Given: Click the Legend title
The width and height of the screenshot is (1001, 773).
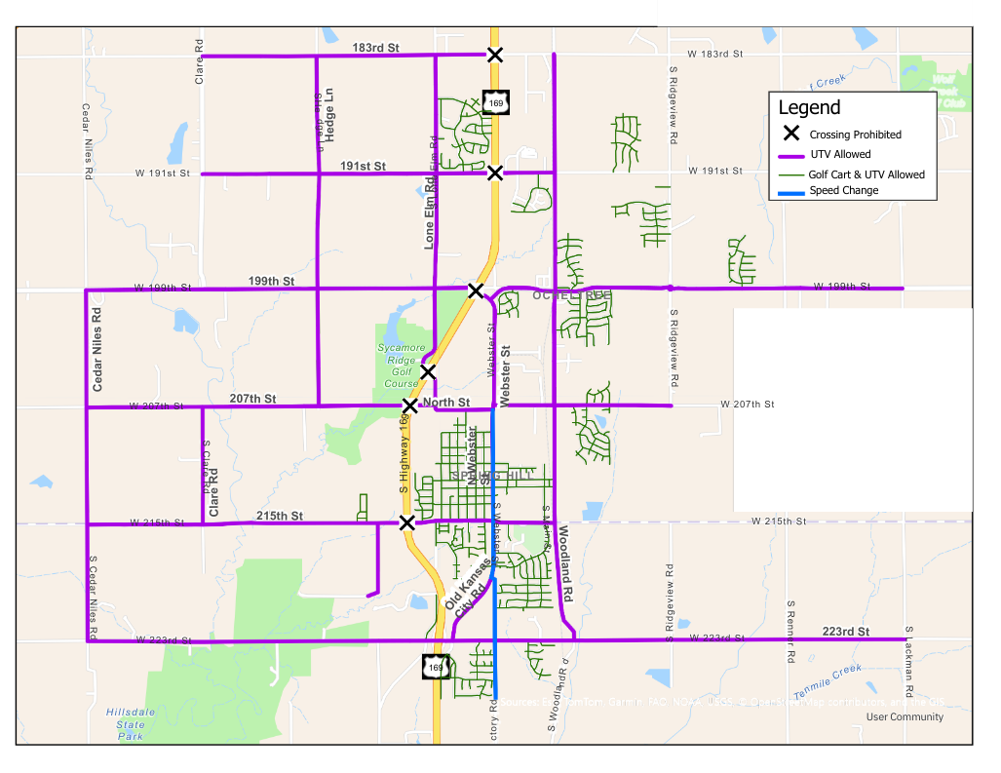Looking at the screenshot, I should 809,107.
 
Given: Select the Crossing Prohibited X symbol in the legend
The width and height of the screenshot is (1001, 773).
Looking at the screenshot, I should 791,134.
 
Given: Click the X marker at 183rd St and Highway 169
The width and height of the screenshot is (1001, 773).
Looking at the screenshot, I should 495,55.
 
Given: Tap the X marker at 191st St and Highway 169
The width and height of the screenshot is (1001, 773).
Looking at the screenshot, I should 495,173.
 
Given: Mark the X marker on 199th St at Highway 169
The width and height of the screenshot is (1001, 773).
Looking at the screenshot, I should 475,290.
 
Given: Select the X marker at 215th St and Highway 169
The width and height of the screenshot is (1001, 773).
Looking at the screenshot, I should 407,522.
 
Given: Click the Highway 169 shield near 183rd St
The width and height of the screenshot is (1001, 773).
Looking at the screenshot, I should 494,101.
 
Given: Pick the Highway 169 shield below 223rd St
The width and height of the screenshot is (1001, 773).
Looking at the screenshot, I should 436,667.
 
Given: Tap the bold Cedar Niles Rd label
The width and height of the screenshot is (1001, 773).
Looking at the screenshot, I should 97,350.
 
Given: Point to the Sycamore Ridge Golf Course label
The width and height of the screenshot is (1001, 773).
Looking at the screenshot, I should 401,366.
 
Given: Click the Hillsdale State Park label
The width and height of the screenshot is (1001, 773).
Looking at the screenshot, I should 130,724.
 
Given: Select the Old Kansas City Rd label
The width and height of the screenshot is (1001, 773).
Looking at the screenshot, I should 467,588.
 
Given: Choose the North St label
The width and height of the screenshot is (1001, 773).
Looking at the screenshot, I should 446,402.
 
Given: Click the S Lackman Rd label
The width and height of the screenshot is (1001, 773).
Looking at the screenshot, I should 908,663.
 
